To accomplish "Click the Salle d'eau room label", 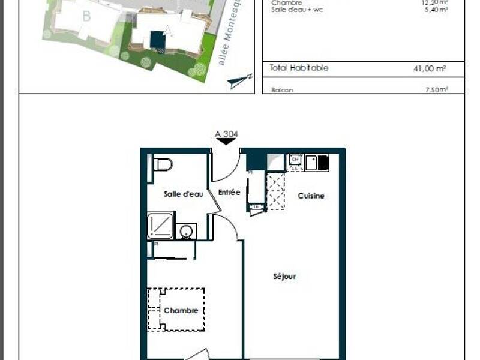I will tap(184, 194).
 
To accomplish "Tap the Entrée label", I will tap(229, 193).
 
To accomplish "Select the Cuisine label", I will tap(311, 196).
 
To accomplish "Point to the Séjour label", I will tap(284, 277).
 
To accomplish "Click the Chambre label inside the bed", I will tap(181, 311).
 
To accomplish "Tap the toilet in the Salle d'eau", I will tap(163, 164).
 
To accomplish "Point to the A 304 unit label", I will tap(226, 134).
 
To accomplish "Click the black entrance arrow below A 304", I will tap(226, 142).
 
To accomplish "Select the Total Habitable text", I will tap(299, 68).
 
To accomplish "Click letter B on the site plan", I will tap(86, 17).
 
